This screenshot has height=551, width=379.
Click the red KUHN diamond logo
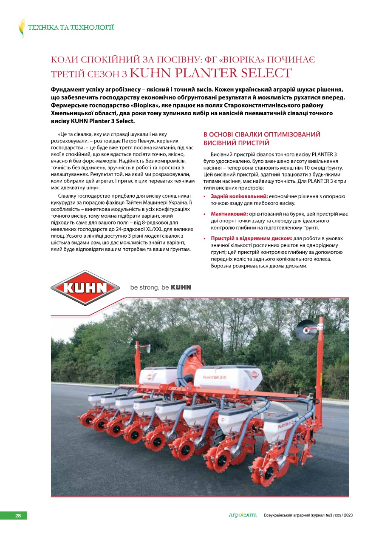point(85,288)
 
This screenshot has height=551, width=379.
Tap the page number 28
point(18,516)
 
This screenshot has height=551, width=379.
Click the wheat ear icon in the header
point(21,28)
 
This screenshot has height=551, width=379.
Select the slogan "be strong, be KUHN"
point(160,287)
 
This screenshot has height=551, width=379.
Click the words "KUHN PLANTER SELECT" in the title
point(211,73)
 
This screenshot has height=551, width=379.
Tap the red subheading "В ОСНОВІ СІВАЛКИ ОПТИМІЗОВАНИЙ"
point(262,134)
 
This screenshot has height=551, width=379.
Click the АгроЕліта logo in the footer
point(243,515)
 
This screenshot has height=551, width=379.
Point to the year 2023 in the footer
point(348,515)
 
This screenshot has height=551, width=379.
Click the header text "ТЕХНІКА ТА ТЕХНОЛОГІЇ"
point(71,28)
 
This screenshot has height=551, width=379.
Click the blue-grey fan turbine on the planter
point(195,359)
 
